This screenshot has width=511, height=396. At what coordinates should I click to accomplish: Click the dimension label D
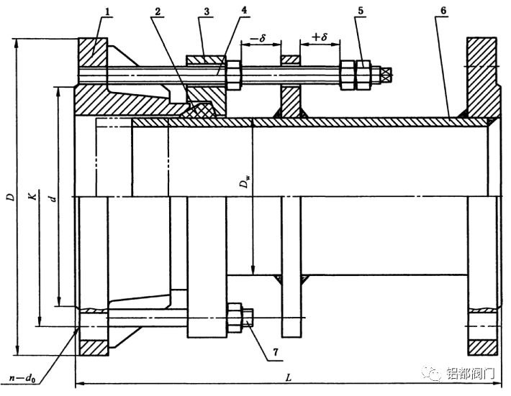[x=11, y=195]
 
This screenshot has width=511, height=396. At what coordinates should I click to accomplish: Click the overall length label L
[x=288, y=376]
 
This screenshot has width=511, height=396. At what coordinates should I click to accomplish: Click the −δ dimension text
[x=258, y=36]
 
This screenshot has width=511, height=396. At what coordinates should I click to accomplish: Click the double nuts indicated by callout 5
[x=358, y=74]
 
